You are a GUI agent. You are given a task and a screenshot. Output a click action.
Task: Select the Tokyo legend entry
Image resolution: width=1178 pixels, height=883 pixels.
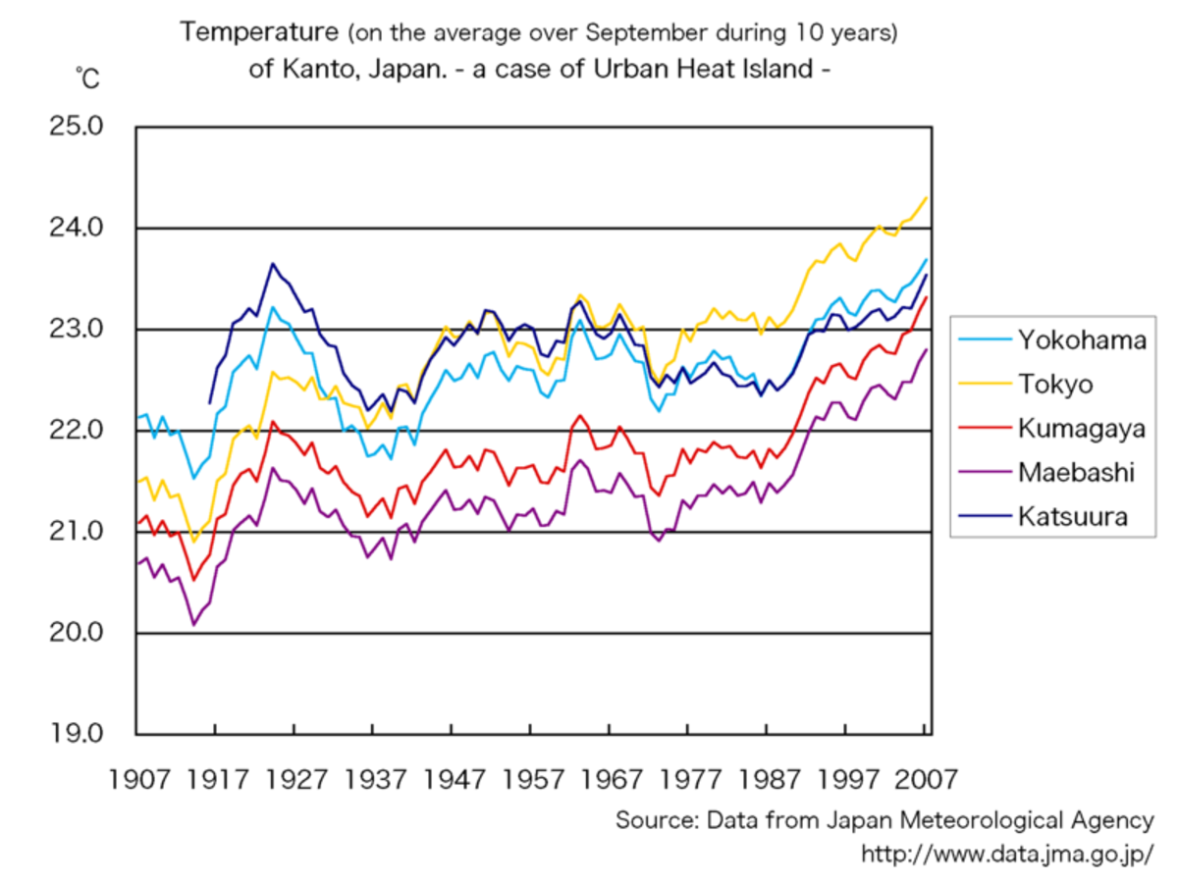(1055, 385)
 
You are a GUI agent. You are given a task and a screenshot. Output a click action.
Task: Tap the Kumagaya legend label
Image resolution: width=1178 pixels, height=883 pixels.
(1081, 429)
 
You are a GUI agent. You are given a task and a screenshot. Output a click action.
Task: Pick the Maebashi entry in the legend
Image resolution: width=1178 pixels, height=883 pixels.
(1076, 473)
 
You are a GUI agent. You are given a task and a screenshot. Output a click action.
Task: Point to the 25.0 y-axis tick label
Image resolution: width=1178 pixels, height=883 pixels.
(77, 127)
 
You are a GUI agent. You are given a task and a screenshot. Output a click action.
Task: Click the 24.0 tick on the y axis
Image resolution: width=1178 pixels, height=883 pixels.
(77, 228)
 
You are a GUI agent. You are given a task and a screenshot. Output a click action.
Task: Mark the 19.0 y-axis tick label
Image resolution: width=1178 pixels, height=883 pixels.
(77, 733)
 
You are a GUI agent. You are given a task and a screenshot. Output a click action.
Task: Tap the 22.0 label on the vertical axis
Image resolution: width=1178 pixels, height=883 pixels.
(77, 430)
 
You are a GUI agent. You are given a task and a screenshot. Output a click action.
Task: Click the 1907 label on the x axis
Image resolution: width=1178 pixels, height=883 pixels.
(136, 780)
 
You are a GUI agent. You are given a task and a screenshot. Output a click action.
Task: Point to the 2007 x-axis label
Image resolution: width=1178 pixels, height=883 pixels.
(924, 780)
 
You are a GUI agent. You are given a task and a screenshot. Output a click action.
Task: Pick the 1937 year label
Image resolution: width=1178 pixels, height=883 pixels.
(373, 780)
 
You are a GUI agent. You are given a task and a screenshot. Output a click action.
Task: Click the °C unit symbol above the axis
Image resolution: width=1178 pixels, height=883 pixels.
(86, 78)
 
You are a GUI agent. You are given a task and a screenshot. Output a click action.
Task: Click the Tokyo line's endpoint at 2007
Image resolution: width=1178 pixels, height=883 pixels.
(927, 197)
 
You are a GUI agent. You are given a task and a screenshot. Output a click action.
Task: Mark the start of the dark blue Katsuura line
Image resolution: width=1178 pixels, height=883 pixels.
(209, 402)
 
